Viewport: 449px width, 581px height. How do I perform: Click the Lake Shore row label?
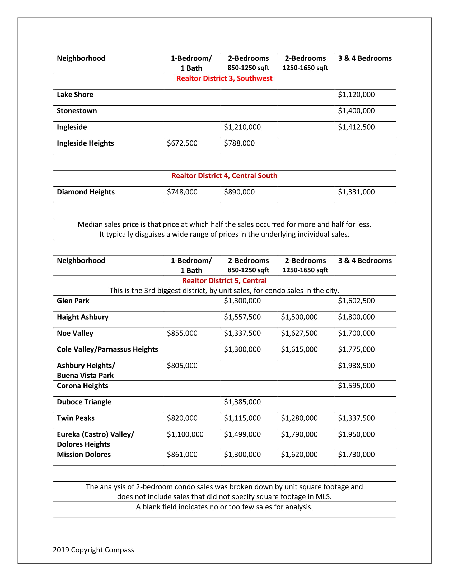tap(75, 95)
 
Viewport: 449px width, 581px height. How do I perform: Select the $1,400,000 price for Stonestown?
tap(356, 111)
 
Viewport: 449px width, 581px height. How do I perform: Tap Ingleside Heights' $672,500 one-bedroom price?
tap(182, 143)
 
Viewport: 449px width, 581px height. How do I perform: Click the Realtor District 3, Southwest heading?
tap(224, 78)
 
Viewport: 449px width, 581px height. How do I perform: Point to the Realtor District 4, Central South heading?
tap(224, 176)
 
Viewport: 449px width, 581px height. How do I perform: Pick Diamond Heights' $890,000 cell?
tap(239, 192)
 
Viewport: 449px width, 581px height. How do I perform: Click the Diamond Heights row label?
tap(86, 192)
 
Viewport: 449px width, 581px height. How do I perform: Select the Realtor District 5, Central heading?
tap(224, 281)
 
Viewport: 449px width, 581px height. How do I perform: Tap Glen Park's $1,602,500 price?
tap(356, 301)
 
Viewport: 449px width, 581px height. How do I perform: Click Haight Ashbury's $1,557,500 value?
tap(242, 317)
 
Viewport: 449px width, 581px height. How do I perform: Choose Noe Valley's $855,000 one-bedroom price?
tap(182, 333)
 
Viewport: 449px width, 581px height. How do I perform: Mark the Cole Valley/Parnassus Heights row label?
tap(107, 349)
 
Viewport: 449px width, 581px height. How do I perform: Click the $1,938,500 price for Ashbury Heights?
tap(356, 366)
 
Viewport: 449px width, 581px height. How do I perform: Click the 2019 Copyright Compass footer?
tap(93, 550)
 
